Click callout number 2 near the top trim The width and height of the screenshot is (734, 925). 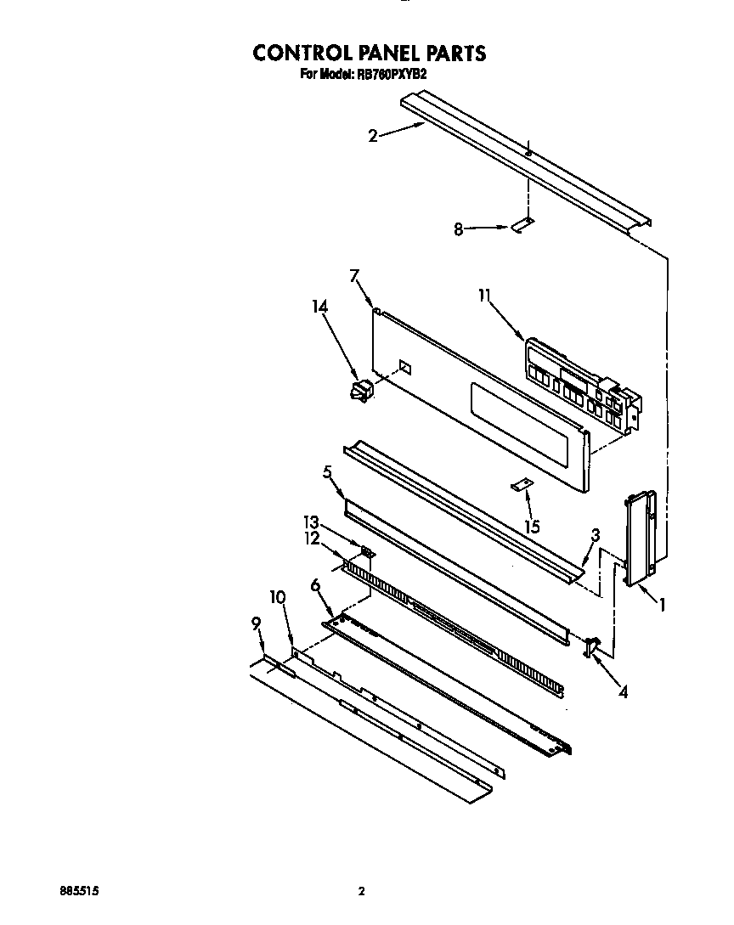click(x=373, y=135)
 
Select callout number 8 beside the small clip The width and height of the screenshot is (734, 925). click(x=458, y=228)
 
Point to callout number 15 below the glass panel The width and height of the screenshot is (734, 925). click(x=532, y=527)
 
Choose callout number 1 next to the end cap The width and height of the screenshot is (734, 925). click(x=661, y=605)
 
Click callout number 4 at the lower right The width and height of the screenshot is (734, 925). click(x=623, y=691)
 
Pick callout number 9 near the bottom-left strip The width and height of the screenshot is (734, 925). click(x=255, y=623)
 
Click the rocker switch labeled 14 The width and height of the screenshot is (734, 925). click(x=361, y=392)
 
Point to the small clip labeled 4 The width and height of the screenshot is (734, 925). click(x=591, y=647)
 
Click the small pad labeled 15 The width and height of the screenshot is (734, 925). click(x=521, y=485)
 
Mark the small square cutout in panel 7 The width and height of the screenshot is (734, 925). click(x=405, y=368)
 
